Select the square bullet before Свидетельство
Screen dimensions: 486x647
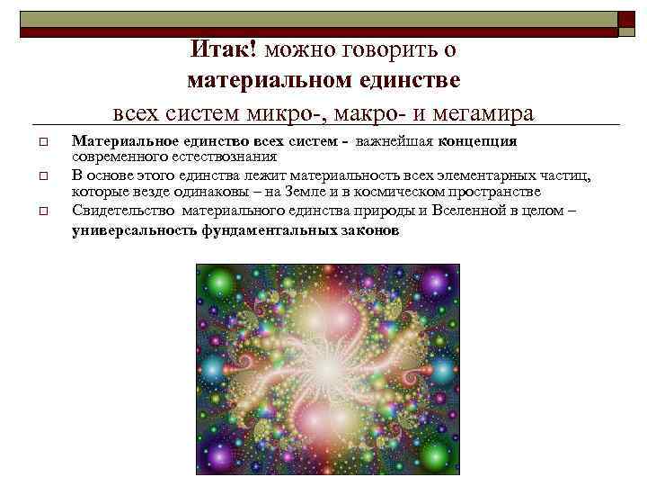click(x=41, y=211)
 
